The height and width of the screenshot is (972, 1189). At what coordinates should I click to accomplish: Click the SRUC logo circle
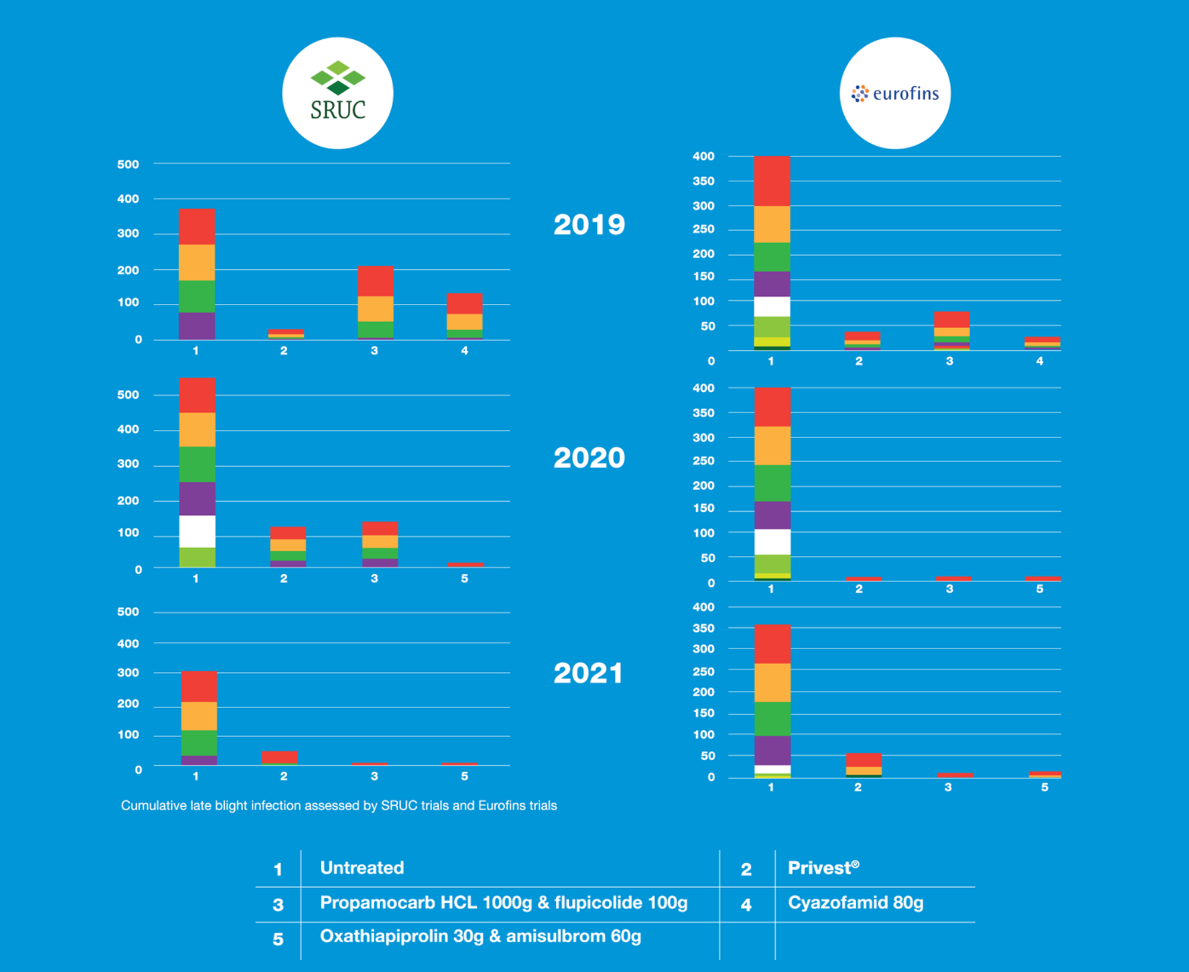click(x=338, y=93)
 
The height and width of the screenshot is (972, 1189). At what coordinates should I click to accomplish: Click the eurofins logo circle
click(x=895, y=93)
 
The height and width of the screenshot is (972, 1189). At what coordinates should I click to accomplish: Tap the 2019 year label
click(x=589, y=225)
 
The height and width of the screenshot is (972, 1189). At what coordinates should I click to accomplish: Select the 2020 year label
click(x=589, y=458)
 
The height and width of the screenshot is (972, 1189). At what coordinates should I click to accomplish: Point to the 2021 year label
click(x=588, y=674)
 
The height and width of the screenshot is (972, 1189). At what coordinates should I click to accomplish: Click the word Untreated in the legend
click(x=362, y=868)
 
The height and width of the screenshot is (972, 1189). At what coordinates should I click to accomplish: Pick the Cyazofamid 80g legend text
click(x=855, y=902)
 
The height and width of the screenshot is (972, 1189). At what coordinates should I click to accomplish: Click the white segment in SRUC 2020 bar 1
click(x=197, y=531)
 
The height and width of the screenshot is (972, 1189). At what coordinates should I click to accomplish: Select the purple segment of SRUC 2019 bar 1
click(x=197, y=326)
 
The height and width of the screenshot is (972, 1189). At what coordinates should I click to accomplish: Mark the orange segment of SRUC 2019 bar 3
click(x=375, y=309)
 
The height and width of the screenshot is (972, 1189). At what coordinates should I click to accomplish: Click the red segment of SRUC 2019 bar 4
click(x=464, y=303)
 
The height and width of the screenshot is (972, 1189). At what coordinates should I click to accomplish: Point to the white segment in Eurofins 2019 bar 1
click(x=772, y=306)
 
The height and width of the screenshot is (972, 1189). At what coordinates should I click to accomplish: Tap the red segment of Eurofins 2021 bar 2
click(x=863, y=760)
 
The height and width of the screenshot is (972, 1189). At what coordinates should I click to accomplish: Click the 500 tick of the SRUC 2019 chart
click(x=128, y=164)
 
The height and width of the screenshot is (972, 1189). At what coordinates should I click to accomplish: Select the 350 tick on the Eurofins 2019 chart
click(x=703, y=181)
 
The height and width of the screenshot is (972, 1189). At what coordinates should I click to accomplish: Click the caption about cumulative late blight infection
click(x=339, y=806)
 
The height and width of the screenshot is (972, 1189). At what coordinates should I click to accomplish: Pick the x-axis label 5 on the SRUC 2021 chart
click(x=464, y=776)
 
